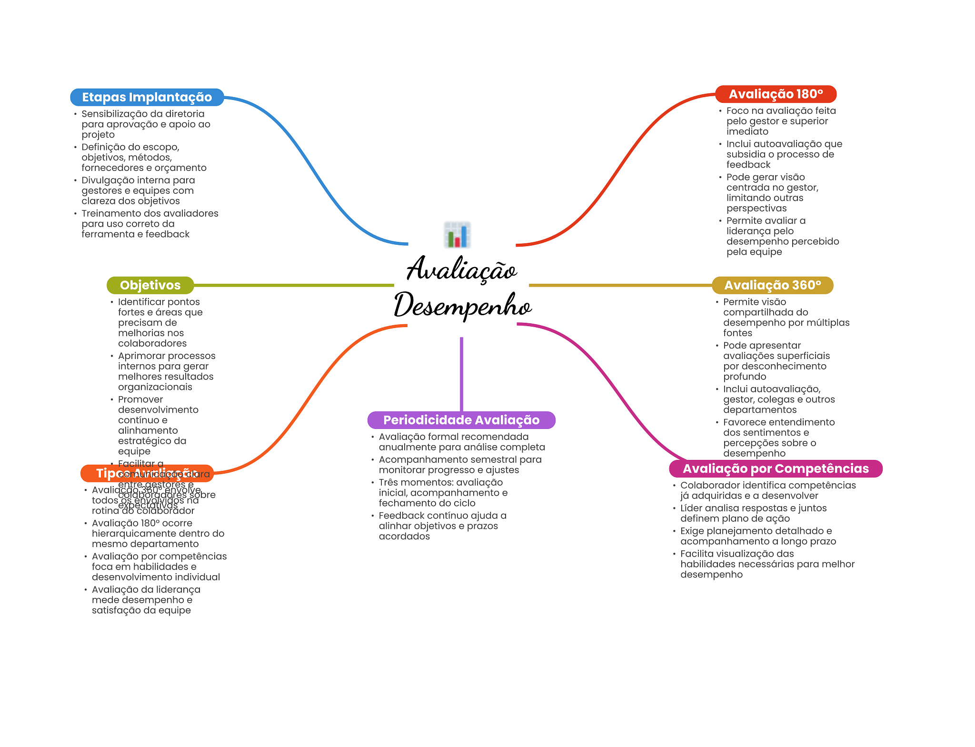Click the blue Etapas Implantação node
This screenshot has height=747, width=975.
(147, 97)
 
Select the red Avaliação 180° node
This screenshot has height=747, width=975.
(776, 94)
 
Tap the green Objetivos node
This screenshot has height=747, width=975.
(150, 285)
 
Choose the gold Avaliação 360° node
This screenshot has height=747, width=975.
(772, 285)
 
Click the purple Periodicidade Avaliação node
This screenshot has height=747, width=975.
(461, 420)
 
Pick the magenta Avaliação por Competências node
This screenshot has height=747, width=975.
(776, 468)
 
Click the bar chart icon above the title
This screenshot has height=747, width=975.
(457, 235)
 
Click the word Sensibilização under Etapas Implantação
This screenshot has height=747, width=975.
(111, 114)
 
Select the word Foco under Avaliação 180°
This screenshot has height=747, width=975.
(737, 111)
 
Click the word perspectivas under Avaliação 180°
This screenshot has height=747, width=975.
(756, 209)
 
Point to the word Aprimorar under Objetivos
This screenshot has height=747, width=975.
(141, 356)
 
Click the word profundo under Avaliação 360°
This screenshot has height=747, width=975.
(745, 377)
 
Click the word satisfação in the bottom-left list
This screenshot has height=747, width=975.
(115, 610)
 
